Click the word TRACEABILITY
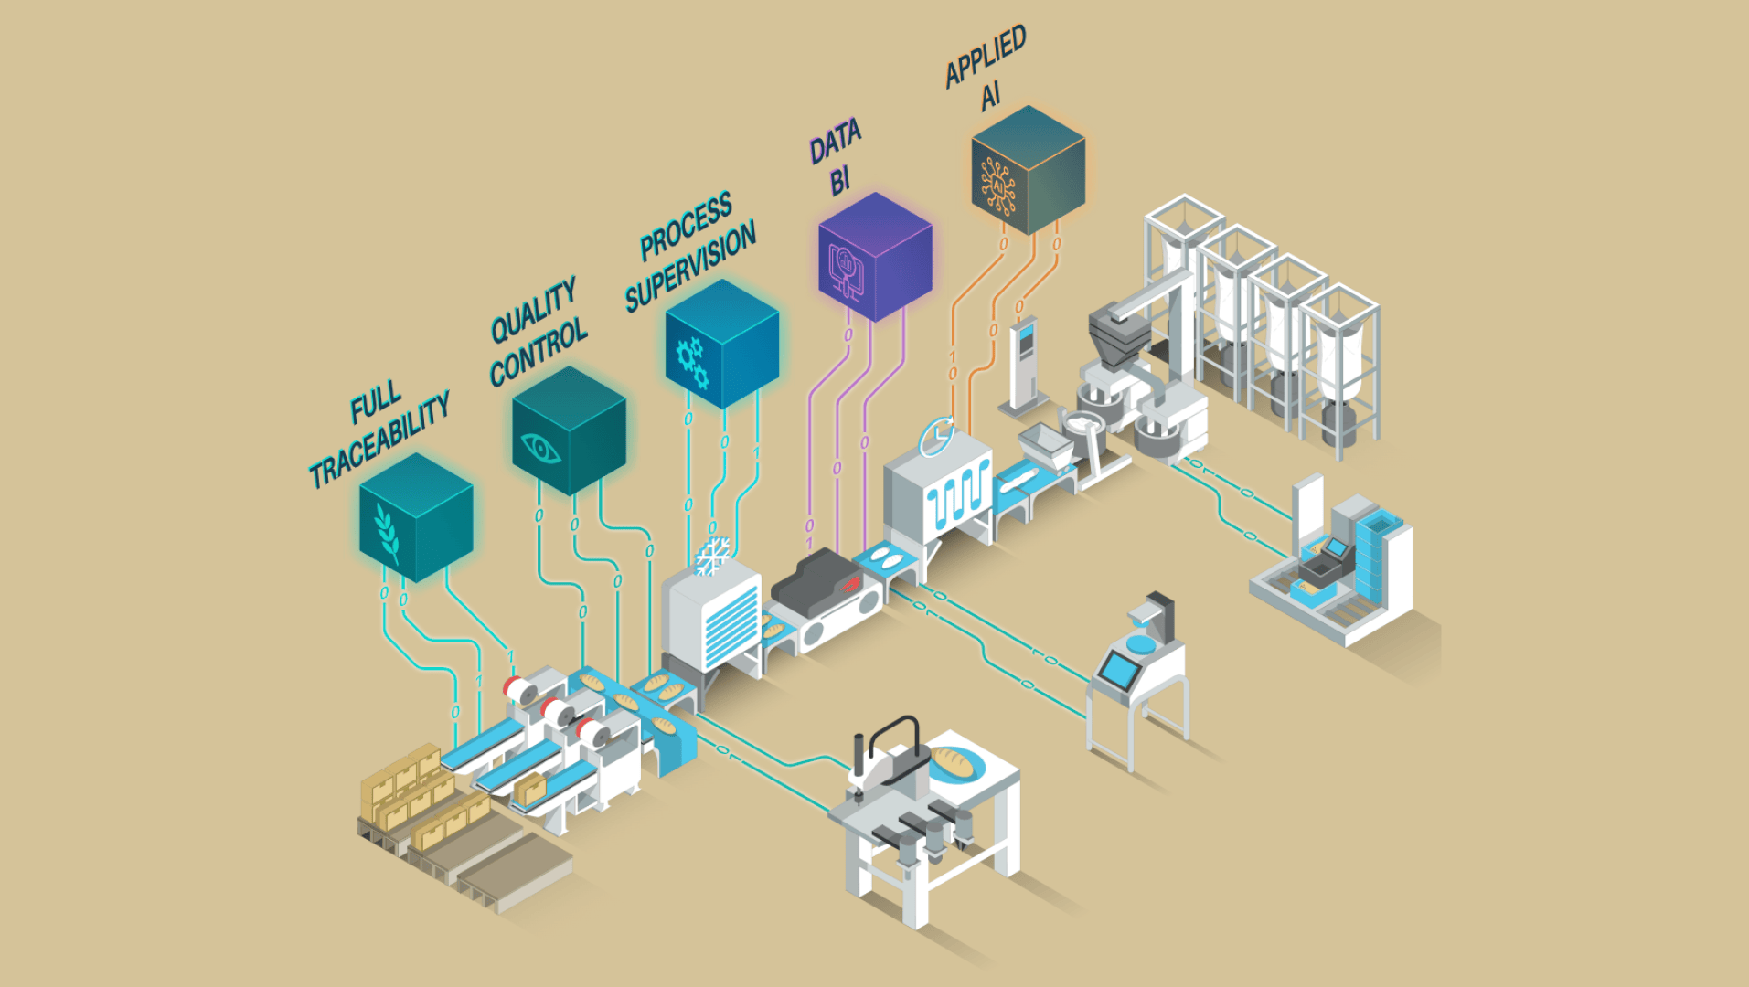379,440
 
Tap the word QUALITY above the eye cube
534,311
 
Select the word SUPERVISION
691,266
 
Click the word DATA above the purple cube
835,142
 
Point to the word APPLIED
986,57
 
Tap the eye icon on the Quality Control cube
539,448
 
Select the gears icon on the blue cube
692,362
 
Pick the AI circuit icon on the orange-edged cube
998,186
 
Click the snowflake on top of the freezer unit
713,556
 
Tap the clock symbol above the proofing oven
936,436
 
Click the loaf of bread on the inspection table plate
955,761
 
